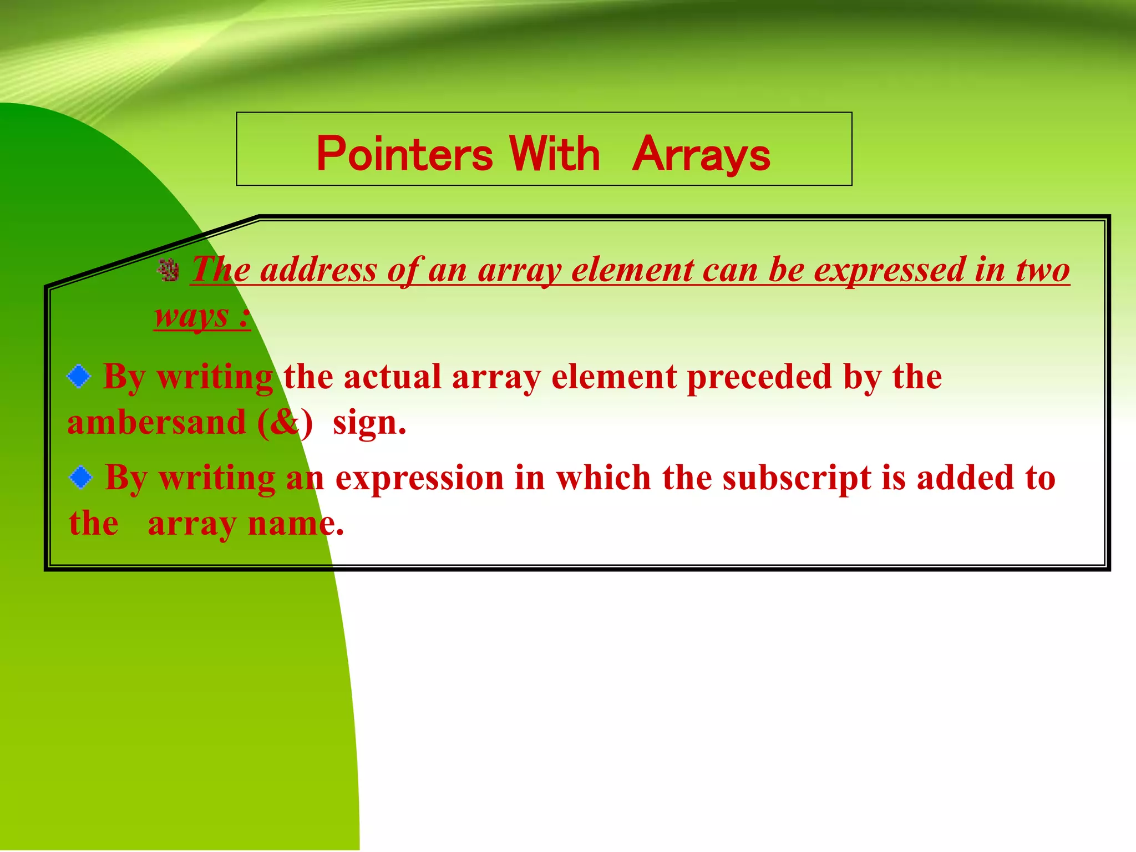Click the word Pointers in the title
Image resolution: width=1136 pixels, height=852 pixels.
coord(404,154)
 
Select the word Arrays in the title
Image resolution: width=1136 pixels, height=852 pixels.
coord(701,154)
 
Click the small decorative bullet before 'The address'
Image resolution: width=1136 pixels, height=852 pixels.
coord(168,270)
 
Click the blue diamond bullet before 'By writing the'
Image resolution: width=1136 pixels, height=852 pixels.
coord(79,377)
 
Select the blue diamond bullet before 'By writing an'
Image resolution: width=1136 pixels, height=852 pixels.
coord(81,478)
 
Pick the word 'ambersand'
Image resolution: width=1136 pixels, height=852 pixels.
coord(156,423)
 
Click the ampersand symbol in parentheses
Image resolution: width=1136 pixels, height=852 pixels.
coord(285,423)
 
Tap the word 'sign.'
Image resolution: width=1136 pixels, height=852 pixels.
coord(369,423)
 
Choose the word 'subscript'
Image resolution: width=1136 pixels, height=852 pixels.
coord(797,478)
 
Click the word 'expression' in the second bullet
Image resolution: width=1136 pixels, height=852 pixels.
coord(419,478)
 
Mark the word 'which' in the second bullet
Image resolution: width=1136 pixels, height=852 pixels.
coord(603,478)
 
